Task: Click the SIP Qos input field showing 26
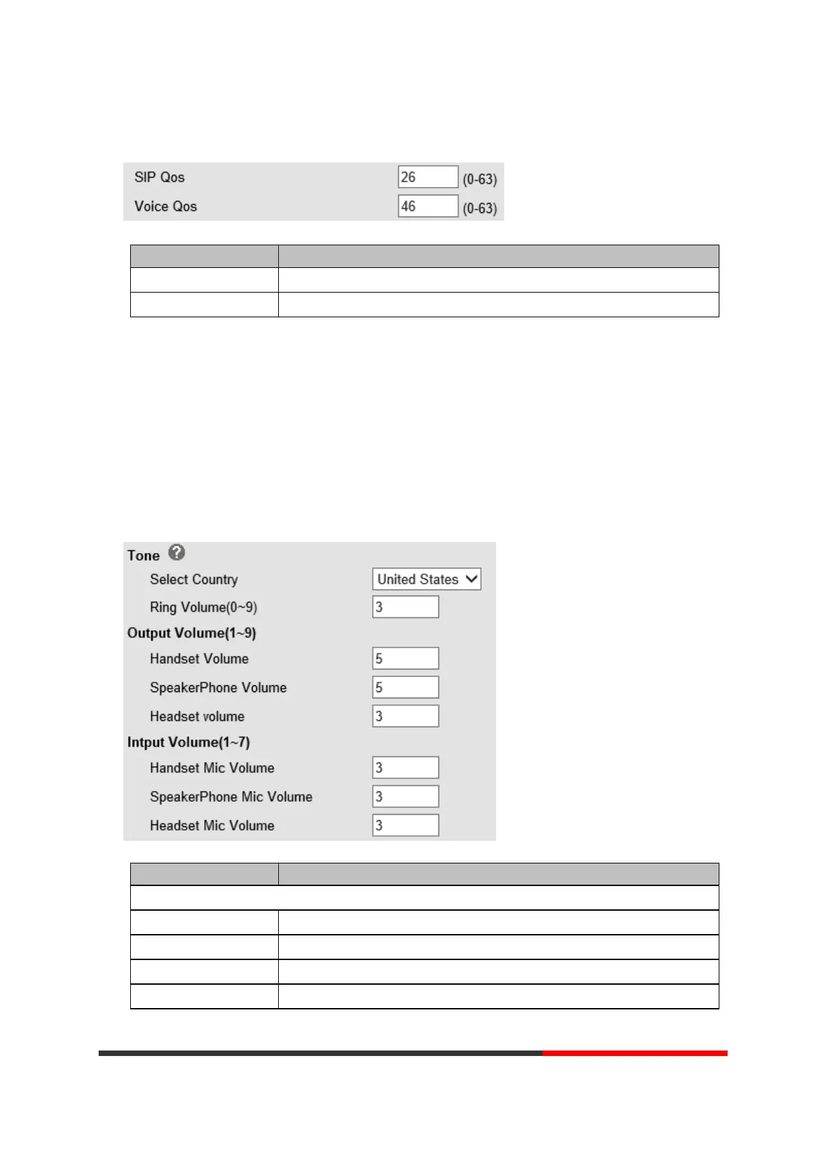tap(428, 177)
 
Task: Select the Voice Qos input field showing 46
tap(428, 206)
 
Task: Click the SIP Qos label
tap(160, 177)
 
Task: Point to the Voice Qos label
tap(166, 206)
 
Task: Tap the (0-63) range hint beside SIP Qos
tap(480, 179)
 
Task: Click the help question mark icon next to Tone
tap(177, 552)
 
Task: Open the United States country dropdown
tap(426, 579)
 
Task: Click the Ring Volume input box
tap(405, 606)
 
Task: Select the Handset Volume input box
tap(405, 658)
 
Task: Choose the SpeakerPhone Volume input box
tap(405, 687)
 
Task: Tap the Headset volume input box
tap(405, 715)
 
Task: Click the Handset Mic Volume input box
tap(405, 768)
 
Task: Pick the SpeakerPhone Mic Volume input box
tap(405, 796)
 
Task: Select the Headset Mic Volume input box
tap(405, 825)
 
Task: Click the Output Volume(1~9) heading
tap(192, 633)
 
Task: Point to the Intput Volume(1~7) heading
tap(188, 742)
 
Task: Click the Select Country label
tap(194, 579)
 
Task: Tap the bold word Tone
tap(143, 555)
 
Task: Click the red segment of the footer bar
tap(634, 1053)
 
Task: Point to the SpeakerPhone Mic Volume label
tap(231, 796)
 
